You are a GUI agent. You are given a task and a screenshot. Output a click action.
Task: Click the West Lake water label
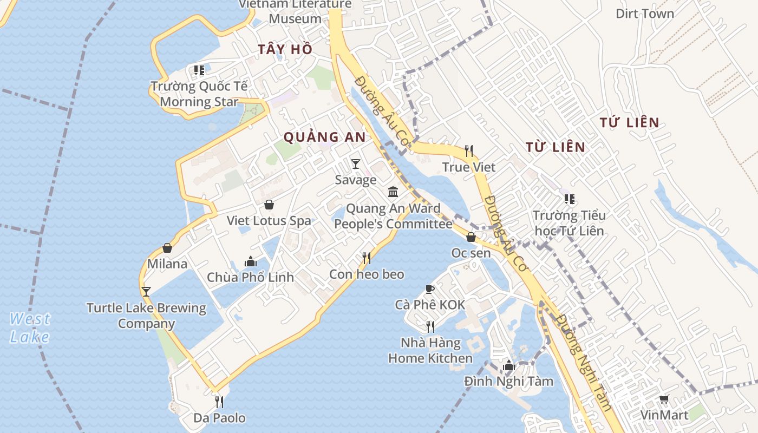click(x=30, y=327)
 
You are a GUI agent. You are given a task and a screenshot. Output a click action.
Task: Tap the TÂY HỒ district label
click(x=285, y=49)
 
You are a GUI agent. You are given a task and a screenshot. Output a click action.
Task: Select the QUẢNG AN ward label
click(x=325, y=137)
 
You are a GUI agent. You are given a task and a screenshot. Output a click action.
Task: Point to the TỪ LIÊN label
click(x=556, y=147)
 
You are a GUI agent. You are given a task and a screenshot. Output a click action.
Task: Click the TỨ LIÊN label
click(x=629, y=123)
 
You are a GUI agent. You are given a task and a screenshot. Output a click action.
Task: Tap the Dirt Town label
click(x=645, y=14)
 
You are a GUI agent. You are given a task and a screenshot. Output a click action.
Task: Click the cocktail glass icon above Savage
click(x=355, y=163)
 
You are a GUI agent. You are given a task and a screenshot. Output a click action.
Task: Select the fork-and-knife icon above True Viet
click(x=469, y=150)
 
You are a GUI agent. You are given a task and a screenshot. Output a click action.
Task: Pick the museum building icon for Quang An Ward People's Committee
click(x=393, y=192)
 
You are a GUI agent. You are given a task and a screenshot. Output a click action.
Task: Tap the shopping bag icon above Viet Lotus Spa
click(x=269, y=205)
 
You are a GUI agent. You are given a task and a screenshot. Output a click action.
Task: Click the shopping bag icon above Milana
click(x=167, y=248)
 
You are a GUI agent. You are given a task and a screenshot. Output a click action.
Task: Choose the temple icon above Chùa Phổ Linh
click(x=250, y=261)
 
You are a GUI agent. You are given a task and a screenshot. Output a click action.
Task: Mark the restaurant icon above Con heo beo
click(x=367, y=258)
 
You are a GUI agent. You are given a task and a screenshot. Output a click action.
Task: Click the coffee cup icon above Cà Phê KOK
click(x=430, y=289)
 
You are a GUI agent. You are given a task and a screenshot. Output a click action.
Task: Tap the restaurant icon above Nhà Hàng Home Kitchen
click(x=430, y=326)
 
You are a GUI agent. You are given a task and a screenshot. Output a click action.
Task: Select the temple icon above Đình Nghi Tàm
click(x=508, y=365)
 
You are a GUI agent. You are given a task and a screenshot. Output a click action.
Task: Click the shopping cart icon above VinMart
click(x=664, y=399)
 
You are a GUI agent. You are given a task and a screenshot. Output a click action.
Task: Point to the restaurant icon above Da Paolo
click(x=219, y=402)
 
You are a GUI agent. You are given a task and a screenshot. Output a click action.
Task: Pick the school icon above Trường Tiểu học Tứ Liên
click(x=568, y=199)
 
